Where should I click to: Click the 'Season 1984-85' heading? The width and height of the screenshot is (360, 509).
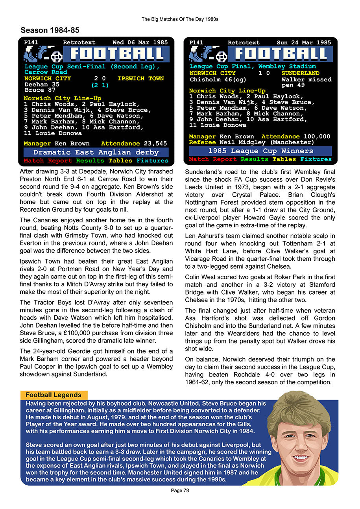point(50,30)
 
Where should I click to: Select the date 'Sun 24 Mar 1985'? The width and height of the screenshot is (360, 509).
point(304,42)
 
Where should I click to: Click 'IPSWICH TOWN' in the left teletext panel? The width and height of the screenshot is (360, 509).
point(140,78)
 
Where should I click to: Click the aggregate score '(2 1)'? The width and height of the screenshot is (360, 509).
point(100,85)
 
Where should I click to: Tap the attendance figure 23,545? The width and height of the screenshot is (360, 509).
point(155,144)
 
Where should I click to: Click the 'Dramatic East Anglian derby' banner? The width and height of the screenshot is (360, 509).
point(96,152)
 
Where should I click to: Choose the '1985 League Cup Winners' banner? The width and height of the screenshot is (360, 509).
point(260,151)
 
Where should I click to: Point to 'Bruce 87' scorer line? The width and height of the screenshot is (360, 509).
point(40,90)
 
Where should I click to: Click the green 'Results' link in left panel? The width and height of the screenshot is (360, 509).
point(90,161)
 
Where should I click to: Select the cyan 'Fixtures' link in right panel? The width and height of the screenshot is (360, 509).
point(316,159)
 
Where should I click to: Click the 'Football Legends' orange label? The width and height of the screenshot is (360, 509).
point(54,395)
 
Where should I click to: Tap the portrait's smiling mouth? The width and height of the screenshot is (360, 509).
point(301,457)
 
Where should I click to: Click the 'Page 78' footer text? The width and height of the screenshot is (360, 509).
point(180,491)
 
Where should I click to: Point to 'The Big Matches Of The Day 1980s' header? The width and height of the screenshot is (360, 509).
point(180,19)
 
